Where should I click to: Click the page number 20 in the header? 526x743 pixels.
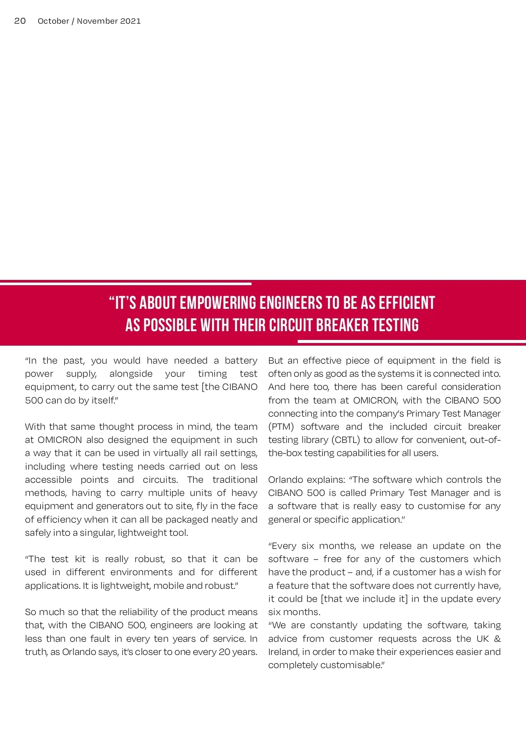pos(20,21)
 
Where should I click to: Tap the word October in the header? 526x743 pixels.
pos(53,21)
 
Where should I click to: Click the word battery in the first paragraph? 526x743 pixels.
pos(241,361)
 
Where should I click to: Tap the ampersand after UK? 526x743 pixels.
pos(497,639)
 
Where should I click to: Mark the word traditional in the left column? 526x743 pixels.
pos(235,480)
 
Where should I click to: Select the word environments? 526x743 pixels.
pos(142,572)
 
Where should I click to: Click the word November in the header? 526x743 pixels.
pos(97,21)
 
